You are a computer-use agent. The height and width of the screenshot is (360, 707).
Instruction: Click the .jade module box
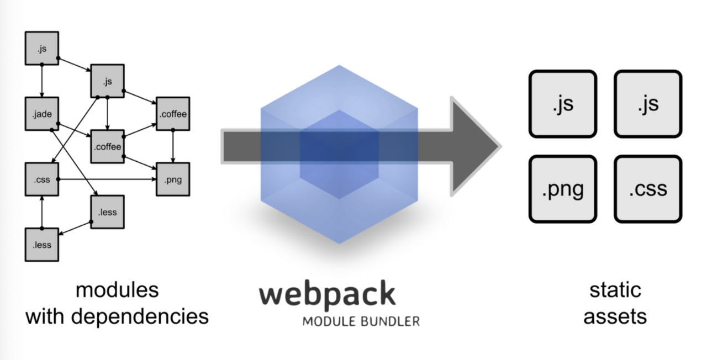[41, 114]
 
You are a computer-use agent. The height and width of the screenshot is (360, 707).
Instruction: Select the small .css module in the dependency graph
[41, 179]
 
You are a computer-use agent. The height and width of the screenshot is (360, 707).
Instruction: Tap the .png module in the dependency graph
[173, 179]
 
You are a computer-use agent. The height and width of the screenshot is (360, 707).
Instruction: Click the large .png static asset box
[562, 189]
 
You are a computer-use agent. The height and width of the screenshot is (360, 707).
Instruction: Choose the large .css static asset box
[648, 189]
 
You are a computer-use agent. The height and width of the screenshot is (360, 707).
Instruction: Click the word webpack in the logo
[328, 294]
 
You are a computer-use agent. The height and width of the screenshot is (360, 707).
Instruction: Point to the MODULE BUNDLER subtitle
[361, 321]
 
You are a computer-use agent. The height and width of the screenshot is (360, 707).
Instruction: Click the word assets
[615, 316]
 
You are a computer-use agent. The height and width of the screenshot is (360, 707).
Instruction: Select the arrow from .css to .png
[105, 179]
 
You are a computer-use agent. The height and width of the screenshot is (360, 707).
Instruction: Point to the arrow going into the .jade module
[41, 83]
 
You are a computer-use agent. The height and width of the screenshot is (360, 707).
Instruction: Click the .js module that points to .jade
[41, 49]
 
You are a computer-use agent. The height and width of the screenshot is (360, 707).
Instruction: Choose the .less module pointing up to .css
[41, 245]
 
